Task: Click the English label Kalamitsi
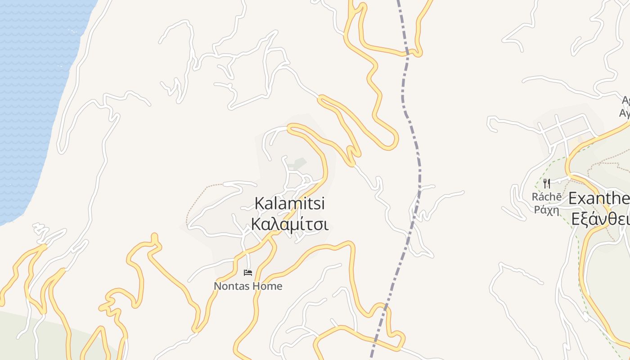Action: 290,203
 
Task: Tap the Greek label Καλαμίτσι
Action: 290,224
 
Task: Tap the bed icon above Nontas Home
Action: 248,272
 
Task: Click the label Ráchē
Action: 546,197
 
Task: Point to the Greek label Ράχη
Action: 546,209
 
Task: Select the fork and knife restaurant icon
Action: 547,183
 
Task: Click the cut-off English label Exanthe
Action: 599,198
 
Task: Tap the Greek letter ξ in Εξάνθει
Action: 585,220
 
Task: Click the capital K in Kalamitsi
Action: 260,203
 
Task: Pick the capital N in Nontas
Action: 217,286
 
